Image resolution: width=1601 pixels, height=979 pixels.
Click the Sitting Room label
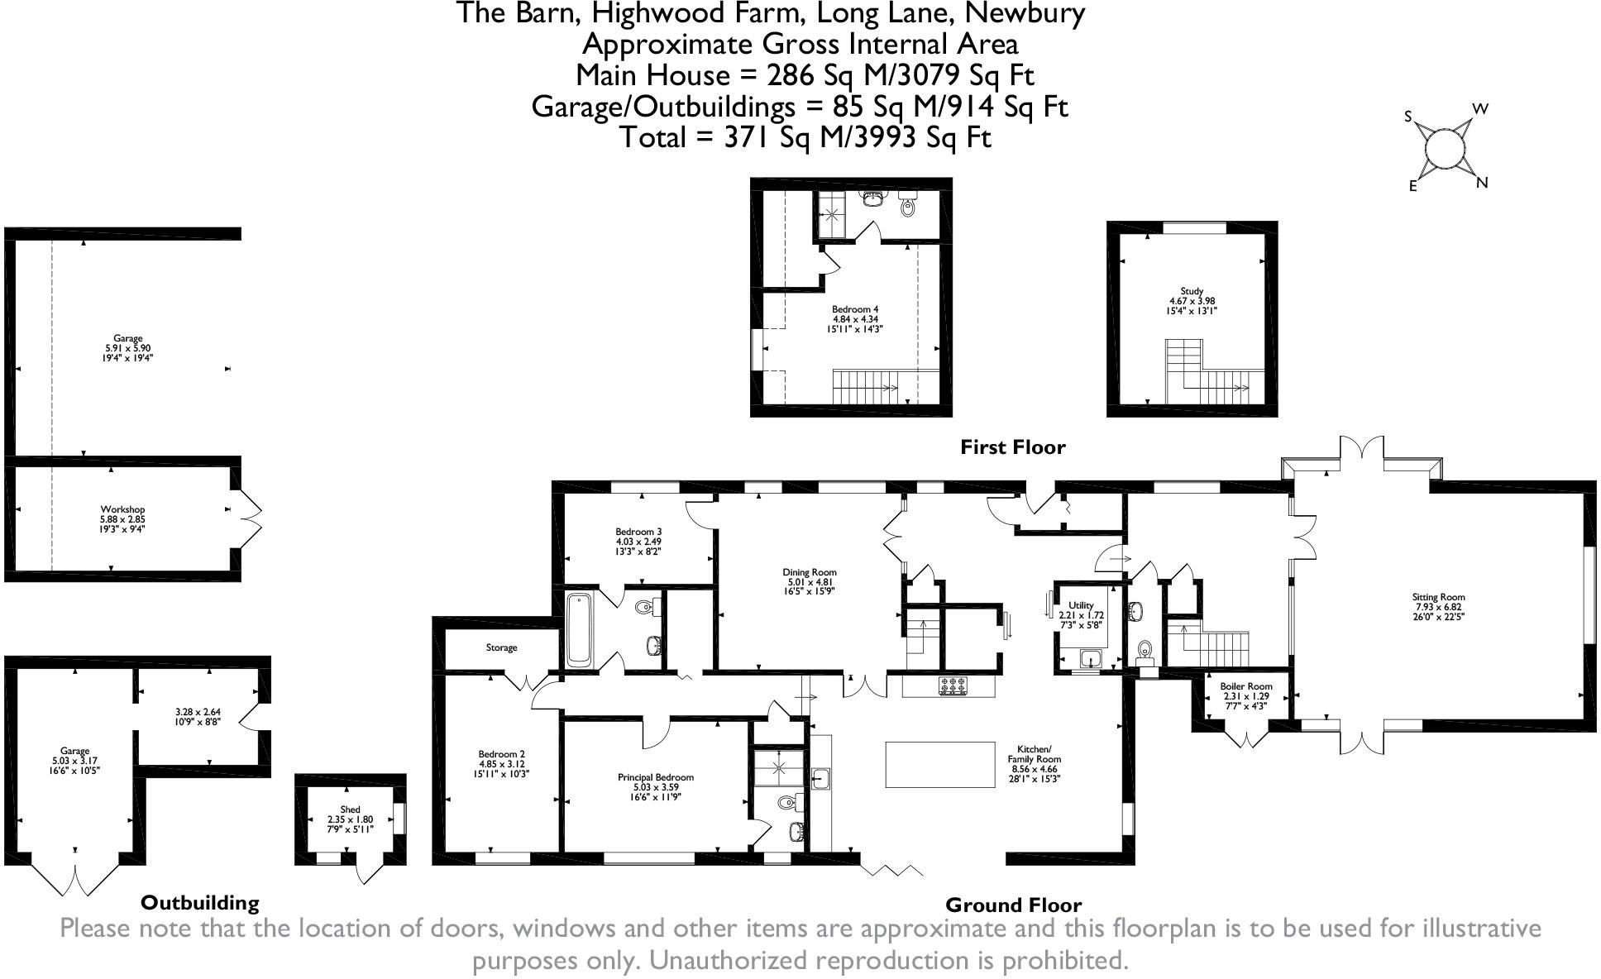click(1439, 597)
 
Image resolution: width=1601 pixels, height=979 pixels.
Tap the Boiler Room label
click(1245, 686)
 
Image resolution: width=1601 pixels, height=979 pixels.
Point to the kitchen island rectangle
click(940, 764)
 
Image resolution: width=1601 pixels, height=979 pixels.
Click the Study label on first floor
click(1192, 291)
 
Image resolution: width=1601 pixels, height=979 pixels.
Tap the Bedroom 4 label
click(855, 309)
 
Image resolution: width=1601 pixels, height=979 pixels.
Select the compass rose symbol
click(1446, 148)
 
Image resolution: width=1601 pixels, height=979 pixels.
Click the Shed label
click(350, 809)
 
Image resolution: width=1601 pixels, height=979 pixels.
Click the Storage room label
click(501, 647)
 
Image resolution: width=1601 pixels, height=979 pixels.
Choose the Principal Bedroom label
click(655, 777)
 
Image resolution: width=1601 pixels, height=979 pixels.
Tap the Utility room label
click(1081, 605)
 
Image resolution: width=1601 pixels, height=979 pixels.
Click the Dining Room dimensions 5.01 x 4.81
click(810, 582)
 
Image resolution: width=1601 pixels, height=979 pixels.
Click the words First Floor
click(1012, 447)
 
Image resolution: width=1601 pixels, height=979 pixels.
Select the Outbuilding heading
click(199, 902)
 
